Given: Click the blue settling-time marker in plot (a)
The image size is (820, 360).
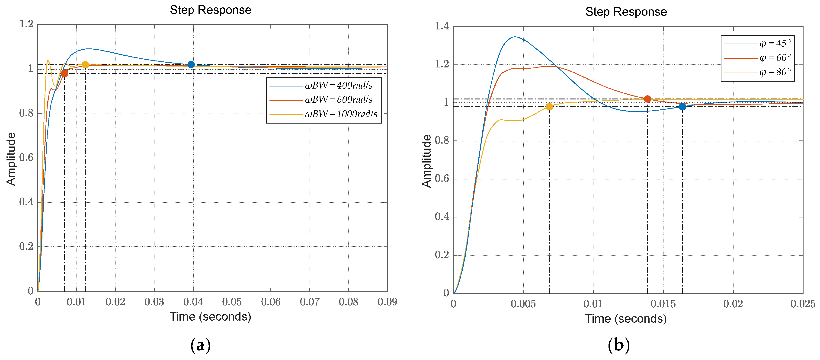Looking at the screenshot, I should pos(191,65).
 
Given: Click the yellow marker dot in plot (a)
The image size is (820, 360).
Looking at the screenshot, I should pos(85,65).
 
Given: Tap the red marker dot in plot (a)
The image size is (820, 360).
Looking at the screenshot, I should pos(64,73).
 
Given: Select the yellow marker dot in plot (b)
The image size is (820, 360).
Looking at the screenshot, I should pos(549,107).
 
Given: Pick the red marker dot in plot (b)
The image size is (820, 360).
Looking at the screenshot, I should pos(647,99).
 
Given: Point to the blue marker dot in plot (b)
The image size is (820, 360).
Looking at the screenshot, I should pos(682,107).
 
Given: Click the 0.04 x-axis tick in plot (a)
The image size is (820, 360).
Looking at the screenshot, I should pos(193,302).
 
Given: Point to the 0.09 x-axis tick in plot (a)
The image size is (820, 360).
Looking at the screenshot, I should pos(387,302).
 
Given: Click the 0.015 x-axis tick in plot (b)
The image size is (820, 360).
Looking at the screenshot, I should pos(663,304).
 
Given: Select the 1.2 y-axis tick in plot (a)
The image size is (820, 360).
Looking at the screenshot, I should pos(26,24).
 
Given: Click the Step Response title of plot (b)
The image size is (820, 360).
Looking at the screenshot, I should pos(626,12).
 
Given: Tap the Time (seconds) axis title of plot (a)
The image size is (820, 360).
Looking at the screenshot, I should pos(210,317).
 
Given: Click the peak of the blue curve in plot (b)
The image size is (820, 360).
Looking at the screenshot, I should pos(514,37).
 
